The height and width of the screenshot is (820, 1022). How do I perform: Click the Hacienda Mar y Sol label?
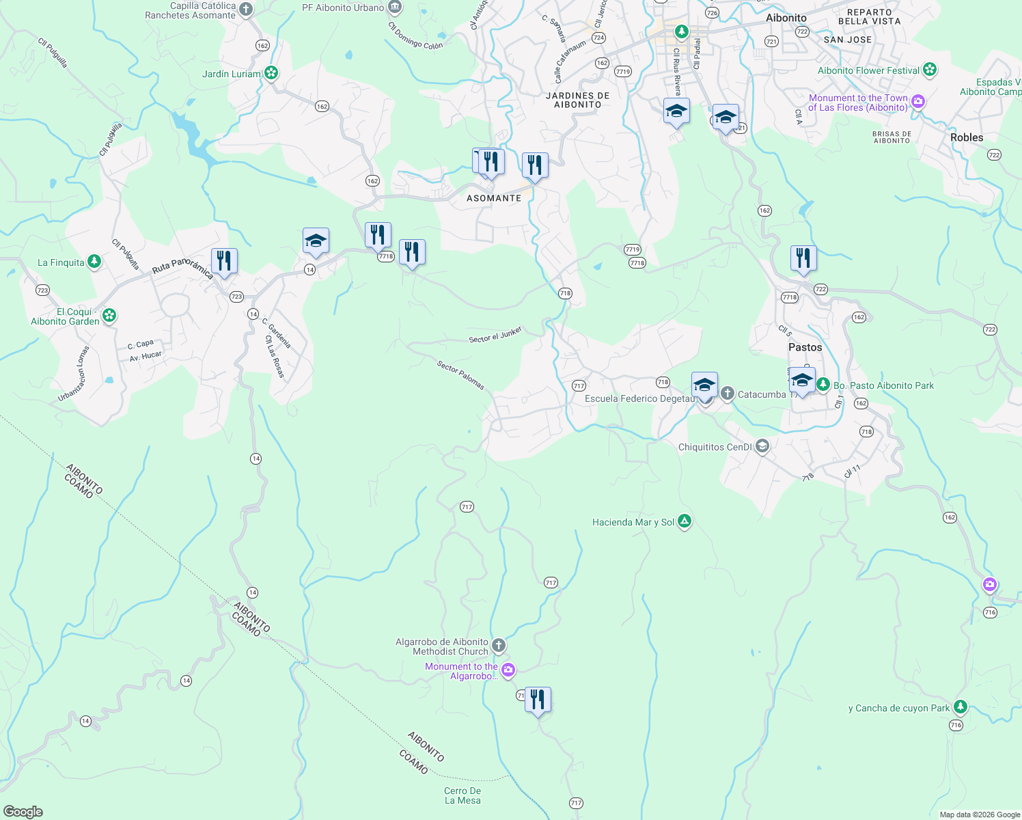tap(633, 523)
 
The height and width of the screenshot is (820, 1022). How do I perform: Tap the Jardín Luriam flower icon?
tap(271, 72)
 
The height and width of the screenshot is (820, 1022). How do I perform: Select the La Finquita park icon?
tap(94, 262)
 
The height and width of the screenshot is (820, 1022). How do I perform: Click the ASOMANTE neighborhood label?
tap(494, 198)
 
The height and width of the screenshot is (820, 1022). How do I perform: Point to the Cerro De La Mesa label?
tap(462, 795)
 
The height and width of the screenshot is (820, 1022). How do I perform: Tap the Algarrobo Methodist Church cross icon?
tap(499, 645)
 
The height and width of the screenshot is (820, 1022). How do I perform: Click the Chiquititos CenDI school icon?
tap(762, 447)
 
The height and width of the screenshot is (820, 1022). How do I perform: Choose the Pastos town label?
tap(805, 347)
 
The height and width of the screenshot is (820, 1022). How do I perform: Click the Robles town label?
tap(967, 137)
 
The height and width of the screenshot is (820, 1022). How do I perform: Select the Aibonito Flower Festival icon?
tap(929, 70)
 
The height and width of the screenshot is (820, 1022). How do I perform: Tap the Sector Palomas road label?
tap(461, 376)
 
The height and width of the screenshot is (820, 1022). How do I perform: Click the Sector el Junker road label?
tap(495, 335)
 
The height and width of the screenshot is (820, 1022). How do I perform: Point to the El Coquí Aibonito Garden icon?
tap(109, 316)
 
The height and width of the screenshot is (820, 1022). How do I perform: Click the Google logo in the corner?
tap(23, 812)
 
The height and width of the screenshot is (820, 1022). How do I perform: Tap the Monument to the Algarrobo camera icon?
tap(508, 670)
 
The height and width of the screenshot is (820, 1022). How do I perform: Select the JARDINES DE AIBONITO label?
tap(577, 100)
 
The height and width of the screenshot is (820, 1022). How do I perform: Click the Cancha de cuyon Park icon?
tap(961, 707)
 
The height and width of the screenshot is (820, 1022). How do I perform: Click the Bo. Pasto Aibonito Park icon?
tap(823, 385)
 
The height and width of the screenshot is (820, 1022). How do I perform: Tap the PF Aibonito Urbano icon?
tap(395, 8)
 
